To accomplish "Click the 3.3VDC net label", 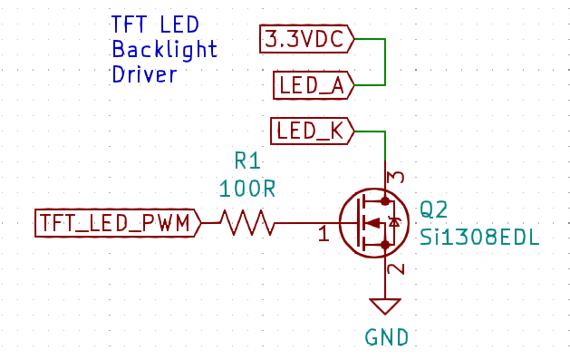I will (x=306, y=40).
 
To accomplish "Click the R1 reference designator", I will (x=247, y=161).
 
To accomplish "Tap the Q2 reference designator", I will (x=433, y=210).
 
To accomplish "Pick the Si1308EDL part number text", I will (x=479, y=238).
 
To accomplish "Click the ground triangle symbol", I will (x=386, y=306).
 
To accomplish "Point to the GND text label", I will (x=386, y=338).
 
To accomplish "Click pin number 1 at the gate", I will (x=323, y=235).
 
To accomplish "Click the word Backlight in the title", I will (x=164, y=49).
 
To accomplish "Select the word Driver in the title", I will (x=143, y=73).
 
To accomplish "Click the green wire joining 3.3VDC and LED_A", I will (x=386, y=63).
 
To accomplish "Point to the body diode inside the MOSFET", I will (x=393, y=222).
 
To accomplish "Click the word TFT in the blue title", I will (x=128, y=24).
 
